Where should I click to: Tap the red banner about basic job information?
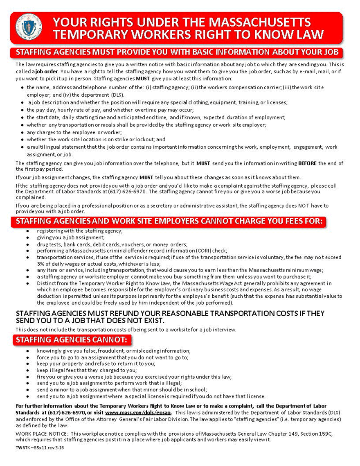pyautogui.click(x=176, y=52)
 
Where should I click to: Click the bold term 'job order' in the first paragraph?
pyautogui.click(x=41, y=71)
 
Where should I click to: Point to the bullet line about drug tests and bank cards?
pyautogui.click(x=112, y=244)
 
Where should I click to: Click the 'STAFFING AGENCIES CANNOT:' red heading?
pyautogui.click(x=72, y=339)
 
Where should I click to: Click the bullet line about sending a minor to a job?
pyautogui.click(x=122, y=389)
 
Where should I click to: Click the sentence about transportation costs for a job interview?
pyautogui.click(x=126, y=330)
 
